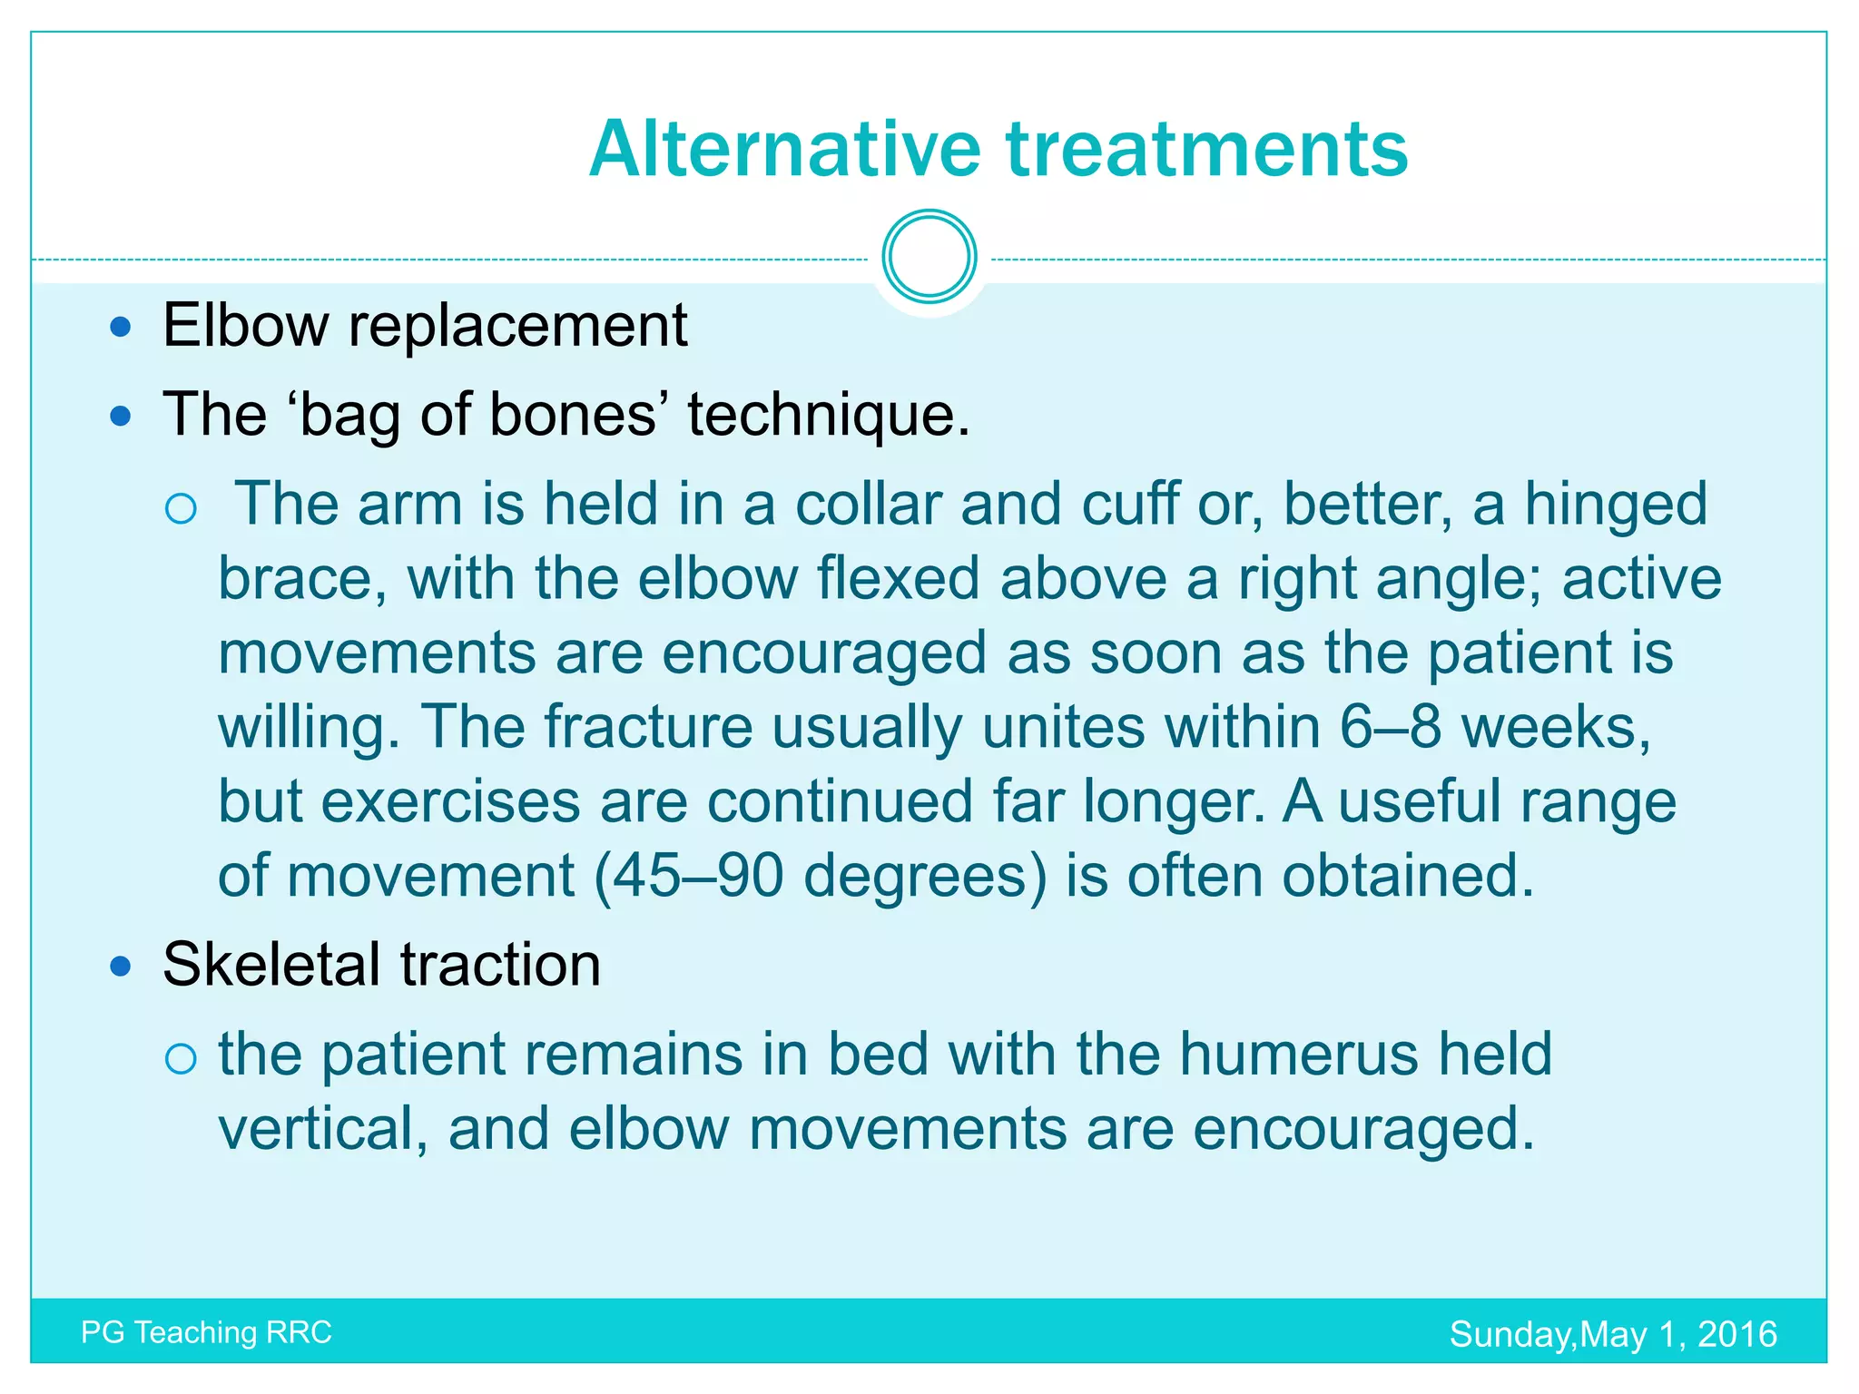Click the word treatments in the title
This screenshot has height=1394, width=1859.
click(1206, 150)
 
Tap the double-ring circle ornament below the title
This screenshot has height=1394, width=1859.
click(929, 257)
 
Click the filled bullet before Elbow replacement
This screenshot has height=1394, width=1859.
click(120, 327)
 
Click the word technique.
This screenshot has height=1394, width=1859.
click(828, 417)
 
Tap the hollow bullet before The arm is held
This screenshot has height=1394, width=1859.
click(182, 508)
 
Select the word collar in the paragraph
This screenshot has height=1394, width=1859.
click(867, 505)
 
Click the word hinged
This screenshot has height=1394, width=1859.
click(1615, 506)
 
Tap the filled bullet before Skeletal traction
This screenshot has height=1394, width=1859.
click(120, 966)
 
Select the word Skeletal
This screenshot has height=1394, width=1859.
click(272, 964)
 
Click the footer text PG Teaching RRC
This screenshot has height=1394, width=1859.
click(206, 1332)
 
